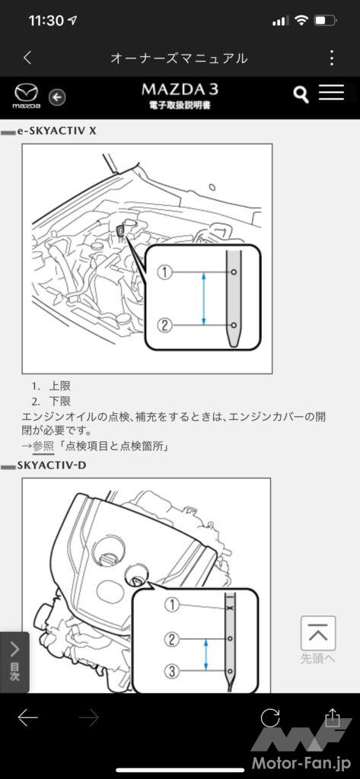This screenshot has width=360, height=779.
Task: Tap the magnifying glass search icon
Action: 301,94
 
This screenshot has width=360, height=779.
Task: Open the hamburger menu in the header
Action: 331,92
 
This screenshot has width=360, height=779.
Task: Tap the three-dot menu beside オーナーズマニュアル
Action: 332,58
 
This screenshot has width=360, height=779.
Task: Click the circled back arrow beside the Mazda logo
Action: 58,97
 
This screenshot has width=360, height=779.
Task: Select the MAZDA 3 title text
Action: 180,90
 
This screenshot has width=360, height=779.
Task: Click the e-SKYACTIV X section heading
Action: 56,131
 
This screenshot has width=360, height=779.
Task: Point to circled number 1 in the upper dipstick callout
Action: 164,272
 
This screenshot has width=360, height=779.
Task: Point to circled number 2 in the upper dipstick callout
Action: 164,326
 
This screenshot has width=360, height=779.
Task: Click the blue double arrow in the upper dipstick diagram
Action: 204,298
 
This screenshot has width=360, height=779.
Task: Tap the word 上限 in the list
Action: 59,386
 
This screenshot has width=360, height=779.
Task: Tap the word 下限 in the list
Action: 59,401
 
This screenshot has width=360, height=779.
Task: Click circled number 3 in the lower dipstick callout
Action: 171,672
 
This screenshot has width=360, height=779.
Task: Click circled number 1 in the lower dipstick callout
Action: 171,605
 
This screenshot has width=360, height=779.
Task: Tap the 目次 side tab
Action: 14,662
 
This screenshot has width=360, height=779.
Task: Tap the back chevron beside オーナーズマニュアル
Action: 28,58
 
